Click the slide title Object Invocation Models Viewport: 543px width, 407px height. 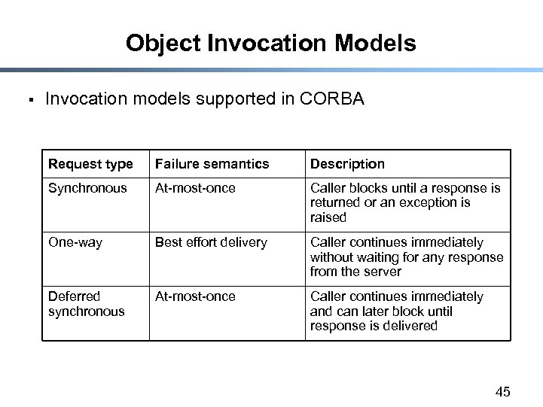pos(270,43)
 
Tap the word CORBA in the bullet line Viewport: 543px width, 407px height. pos(332,99)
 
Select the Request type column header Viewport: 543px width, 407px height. pos(90,164)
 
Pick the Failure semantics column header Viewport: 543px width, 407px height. pos(212,164)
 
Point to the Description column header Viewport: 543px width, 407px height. pos(347,164)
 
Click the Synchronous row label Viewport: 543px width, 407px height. pos(87,188)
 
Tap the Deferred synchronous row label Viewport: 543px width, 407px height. pos(86,304)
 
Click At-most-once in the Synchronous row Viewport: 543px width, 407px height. pos(195,188)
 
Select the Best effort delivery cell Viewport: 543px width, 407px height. pos(211,242)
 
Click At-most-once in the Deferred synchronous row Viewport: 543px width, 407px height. pos(195,296)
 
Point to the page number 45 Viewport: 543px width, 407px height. pos(503,391)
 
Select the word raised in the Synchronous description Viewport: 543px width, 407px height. pos(328,217)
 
